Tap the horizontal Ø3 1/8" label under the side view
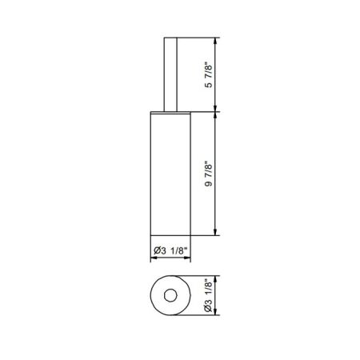tap(170, 251)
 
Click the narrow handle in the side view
tap(170, 74)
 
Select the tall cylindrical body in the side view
tap(170, 174)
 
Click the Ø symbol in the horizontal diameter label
tap(155, 251)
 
